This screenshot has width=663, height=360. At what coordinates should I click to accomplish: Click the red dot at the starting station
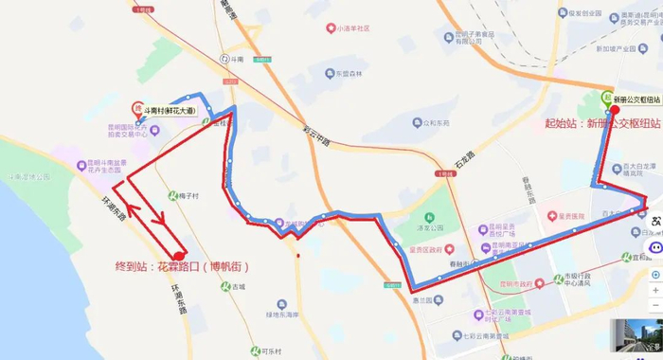615,109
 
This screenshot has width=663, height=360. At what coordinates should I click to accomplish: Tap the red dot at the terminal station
179,256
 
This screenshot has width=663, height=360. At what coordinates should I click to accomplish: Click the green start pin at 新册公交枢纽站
606,96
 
